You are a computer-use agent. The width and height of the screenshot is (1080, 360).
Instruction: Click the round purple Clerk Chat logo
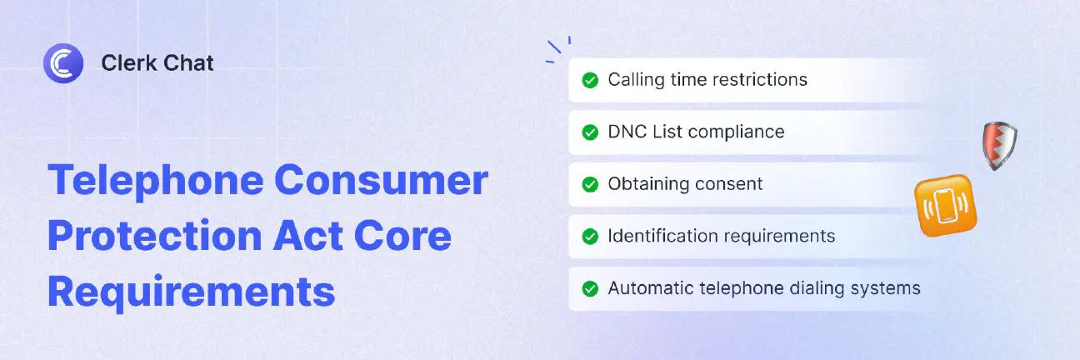coord(63,63)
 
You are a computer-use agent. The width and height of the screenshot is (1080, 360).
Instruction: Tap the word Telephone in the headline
coord(156,181)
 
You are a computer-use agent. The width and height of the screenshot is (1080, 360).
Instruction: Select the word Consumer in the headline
coord(381,180)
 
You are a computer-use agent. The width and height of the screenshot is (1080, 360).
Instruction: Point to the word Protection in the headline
coord(155,236)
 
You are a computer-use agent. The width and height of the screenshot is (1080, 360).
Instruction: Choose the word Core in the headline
coord(402,236)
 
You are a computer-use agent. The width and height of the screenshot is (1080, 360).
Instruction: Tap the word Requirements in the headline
coord(192,292)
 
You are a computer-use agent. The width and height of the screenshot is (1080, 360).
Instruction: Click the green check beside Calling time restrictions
coord(590,80)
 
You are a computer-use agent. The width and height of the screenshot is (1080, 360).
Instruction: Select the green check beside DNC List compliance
coord(590,132)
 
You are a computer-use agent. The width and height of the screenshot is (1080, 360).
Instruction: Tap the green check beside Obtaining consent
coord(590,184)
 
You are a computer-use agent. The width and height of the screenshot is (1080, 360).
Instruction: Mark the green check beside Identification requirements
coord(590,237)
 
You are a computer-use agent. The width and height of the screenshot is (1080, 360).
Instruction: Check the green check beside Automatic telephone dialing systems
coord(590,288)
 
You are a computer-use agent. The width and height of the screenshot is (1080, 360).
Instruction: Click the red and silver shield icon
coord(1000,146)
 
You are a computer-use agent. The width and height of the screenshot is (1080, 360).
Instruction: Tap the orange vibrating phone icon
coord(946,205)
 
